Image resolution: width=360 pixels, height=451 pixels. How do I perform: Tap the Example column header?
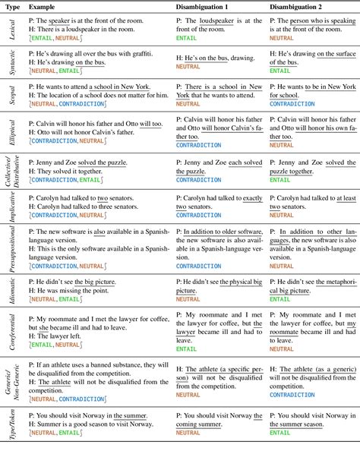(43, 6)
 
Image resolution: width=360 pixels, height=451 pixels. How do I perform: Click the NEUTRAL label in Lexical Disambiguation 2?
(283, 36)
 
